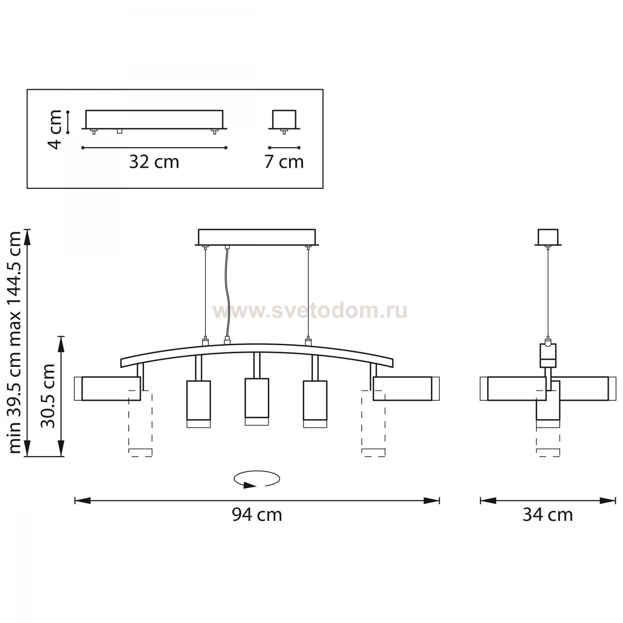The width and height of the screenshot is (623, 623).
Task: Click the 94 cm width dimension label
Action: (x=257, y=515)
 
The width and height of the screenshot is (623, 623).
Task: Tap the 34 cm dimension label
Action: (x=547, y=515)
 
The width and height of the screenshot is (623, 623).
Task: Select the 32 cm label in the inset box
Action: (x=154, y=162)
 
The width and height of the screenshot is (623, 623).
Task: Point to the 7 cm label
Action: (x=284, y=162)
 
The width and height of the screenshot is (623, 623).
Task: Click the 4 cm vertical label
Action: (x=55, y=129)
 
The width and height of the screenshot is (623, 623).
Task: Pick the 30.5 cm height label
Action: (x=48, y=395)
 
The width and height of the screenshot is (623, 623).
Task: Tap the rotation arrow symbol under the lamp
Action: (x=257, y=479)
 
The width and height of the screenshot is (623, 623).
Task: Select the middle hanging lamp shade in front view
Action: (x=257, y=401)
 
